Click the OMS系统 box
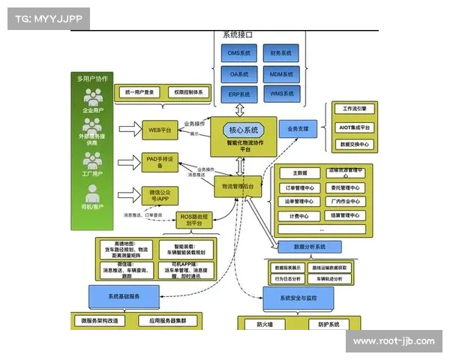(238, 53)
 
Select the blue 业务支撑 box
(298, 129)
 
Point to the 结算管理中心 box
(343, 215)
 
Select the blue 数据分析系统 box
(307, 246)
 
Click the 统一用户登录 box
(139, 92)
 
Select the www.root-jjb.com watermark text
(393, 341)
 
